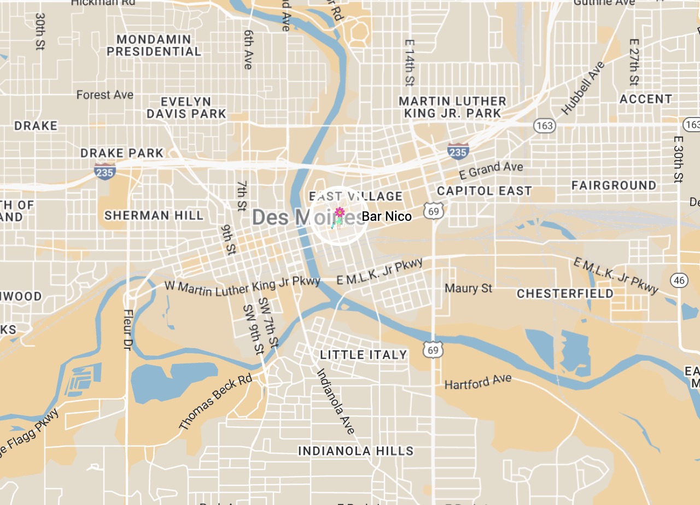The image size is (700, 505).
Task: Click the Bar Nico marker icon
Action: click(x=339, y=216)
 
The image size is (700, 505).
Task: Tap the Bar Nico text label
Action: click(x=386, y=216)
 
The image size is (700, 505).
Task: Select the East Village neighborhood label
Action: click(x=355, y=196)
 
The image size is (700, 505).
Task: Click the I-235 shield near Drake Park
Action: click(x=104, y=171)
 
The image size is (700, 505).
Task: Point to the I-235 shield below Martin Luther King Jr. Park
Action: click(x=457, y=150)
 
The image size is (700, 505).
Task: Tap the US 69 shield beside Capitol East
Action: click(x=433, y=210)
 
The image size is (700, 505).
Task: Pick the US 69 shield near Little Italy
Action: click(x=433, y=349)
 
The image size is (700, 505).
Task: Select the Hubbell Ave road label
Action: click(x=584, y=88)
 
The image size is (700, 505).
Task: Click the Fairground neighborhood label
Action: click(x=614, y=185)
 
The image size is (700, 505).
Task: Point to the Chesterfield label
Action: click(x=565, y=293)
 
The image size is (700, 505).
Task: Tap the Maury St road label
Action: click(x=468, y=287)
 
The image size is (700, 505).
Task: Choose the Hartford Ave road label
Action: click(x=478, y=381)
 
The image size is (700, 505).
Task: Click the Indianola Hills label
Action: click(x=355, y=451)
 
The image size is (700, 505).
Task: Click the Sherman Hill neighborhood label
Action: click(x=154, y=215)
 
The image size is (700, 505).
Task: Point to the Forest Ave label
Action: click(x=104, y=95)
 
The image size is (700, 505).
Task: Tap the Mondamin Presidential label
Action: click(x=154, y=45)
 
